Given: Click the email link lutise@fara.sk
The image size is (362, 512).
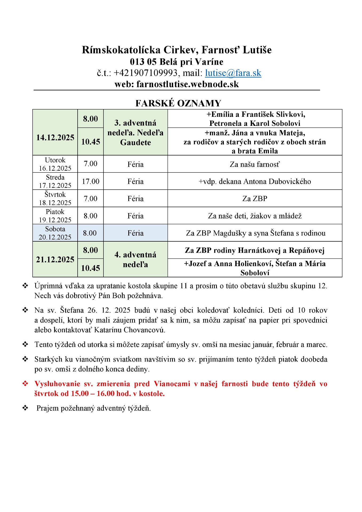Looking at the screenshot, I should (x=233, y=73).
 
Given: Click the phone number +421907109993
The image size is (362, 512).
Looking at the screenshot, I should (x=145, y=73).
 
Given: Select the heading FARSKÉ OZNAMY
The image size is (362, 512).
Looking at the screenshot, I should (x=178, y=103).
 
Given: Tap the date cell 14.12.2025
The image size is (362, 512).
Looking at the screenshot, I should (x=55, y=138).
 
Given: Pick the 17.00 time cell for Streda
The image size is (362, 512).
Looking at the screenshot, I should (x=90, y=181).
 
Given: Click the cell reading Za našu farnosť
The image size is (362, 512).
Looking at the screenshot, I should (x=255, y=164).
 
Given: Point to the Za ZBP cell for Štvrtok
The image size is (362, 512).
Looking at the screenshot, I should (x=255, y=199).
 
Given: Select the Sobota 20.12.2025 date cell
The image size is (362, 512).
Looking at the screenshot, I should (x=55, y=233).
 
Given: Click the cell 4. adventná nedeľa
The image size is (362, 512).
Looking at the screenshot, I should (x=136, y=259).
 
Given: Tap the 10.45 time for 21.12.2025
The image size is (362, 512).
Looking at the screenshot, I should (x=90, y=268).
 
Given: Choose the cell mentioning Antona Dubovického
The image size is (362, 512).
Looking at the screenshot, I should (x=255, y=181).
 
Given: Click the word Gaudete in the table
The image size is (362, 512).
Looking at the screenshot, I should (x=136, y=142).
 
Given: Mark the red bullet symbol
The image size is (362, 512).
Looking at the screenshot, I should (x=25, y=384).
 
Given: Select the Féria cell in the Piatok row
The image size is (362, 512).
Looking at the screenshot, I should (x=136, y=216).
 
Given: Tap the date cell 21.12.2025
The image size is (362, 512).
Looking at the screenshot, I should (x=55, y=259).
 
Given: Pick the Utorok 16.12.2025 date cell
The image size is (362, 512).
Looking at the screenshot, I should (x=55, y=164).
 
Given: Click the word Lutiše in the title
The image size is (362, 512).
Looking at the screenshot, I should (x=257, y=50).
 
